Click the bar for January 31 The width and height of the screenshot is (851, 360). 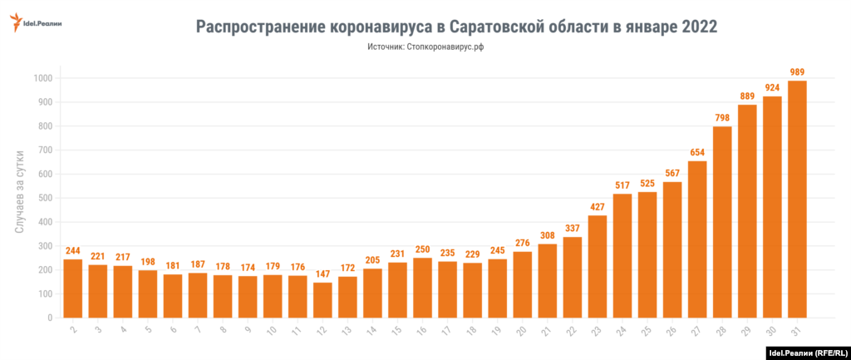(797, 200)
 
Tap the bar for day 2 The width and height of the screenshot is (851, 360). (73, 288)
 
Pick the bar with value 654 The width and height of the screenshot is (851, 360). (697, 239)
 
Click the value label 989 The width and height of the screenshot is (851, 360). (797, 72)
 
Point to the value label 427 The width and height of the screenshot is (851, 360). (598, 207)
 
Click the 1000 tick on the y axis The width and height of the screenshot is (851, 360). (42, 78)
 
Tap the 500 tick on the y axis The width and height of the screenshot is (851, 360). (46, 198)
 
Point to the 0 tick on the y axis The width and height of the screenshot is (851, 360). (51, 318)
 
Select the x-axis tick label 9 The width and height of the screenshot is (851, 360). (248, 329)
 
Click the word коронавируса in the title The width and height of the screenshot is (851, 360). (371, 27)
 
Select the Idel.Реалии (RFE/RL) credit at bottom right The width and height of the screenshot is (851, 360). (804, 353)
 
